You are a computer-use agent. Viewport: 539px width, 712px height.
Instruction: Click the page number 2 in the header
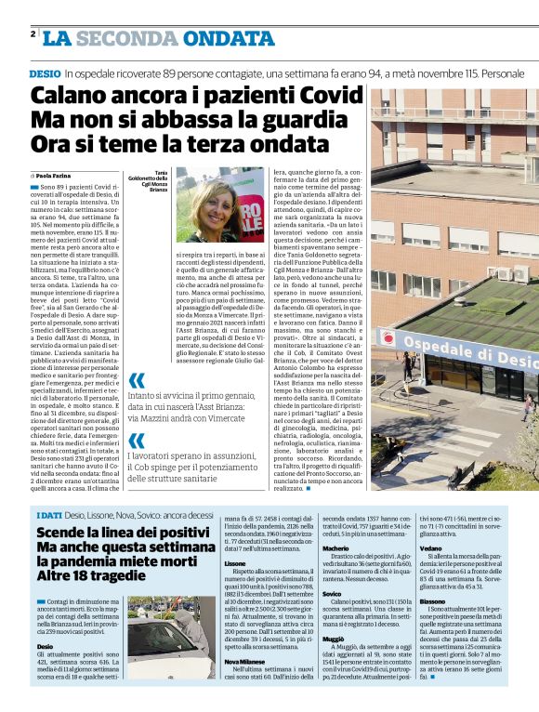[x=33, y=34]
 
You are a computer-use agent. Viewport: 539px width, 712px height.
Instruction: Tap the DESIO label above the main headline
[x=45, y=72]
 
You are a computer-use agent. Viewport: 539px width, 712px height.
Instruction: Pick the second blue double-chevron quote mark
[x=136, y=440]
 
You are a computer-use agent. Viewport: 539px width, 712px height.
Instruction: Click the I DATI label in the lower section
[x=49, y=515]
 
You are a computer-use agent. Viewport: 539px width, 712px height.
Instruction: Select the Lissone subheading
[x=235, y=563]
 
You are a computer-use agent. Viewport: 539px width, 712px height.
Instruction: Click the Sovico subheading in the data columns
[x=332, y=592]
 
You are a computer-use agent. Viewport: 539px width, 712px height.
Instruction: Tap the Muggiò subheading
[x=333, y=639]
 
